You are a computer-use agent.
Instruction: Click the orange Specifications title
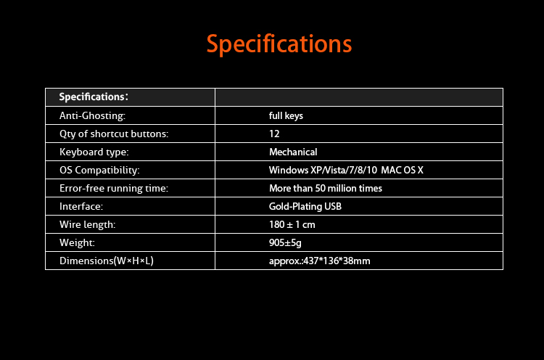(279, 44)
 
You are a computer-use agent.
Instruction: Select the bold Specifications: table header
(94, 97)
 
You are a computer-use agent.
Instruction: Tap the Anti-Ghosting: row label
(92, 115)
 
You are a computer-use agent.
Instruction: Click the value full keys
(286, 115)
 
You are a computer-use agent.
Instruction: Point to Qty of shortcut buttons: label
(114, 134)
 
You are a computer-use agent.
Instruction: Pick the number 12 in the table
(274, 134)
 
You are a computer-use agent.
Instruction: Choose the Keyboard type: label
(94, 152)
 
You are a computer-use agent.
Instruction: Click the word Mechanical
(293, 152)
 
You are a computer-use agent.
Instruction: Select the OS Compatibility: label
(99, 170)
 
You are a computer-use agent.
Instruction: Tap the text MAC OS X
(402, 170)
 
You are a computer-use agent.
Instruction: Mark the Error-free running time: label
(114, 188)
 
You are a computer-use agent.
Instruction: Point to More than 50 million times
(326, 188)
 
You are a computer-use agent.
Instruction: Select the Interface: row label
(81, 207)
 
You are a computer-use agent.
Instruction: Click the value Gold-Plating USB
(305, 207)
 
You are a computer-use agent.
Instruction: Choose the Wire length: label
(88, 224)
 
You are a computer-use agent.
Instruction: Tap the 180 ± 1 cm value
(292, 224)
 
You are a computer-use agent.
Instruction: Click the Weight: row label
(77, 242)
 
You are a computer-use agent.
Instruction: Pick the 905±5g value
(285, 242)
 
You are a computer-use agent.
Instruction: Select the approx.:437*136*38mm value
(320, 261)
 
